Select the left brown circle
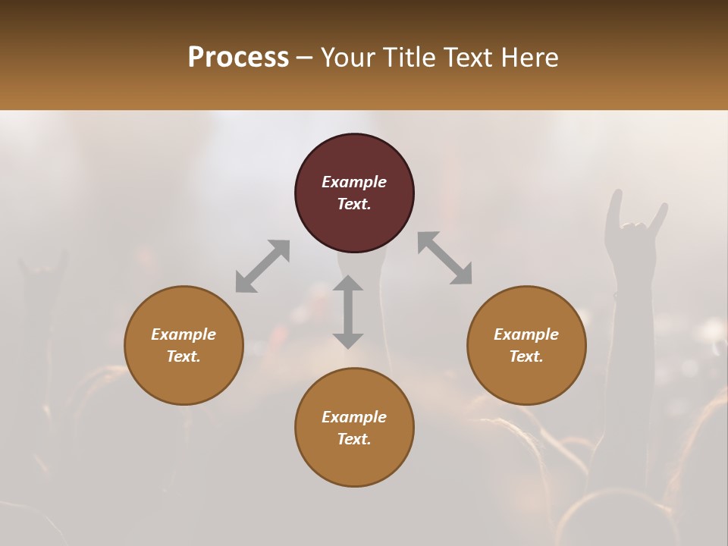(x=184, y=345)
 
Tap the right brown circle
(x=526, y=345)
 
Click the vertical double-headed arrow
(x=348, y=312)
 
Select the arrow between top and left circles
(x=262, y=266)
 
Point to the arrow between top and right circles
(x=445, y=258)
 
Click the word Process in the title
(x=238, y=57)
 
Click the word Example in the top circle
(x=354, y=182)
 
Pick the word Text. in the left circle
(x=184, y=356)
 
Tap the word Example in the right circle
(x=526, y=334)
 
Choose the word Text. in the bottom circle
(x=354, y=439)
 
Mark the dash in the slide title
(x=305, y=58)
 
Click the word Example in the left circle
(x=184, y=334)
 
